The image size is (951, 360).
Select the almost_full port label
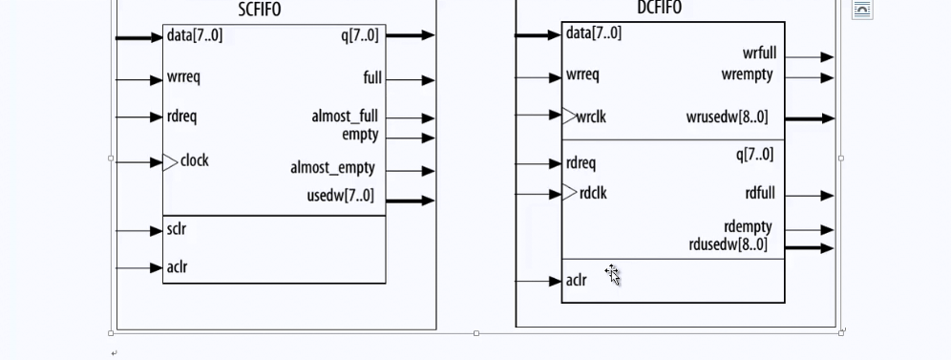[345, 116]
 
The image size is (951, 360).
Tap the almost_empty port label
[332, 168]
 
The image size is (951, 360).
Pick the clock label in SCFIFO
[195, 160]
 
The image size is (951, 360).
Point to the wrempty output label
[748, 74]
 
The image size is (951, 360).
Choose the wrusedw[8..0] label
[727, 117]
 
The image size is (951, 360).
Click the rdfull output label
[759, 194]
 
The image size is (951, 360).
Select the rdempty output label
[748, 227]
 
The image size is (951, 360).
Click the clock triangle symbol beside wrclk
[569, 116]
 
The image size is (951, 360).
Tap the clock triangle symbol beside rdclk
[569, 193]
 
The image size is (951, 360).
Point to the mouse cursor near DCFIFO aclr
[612, 275]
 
